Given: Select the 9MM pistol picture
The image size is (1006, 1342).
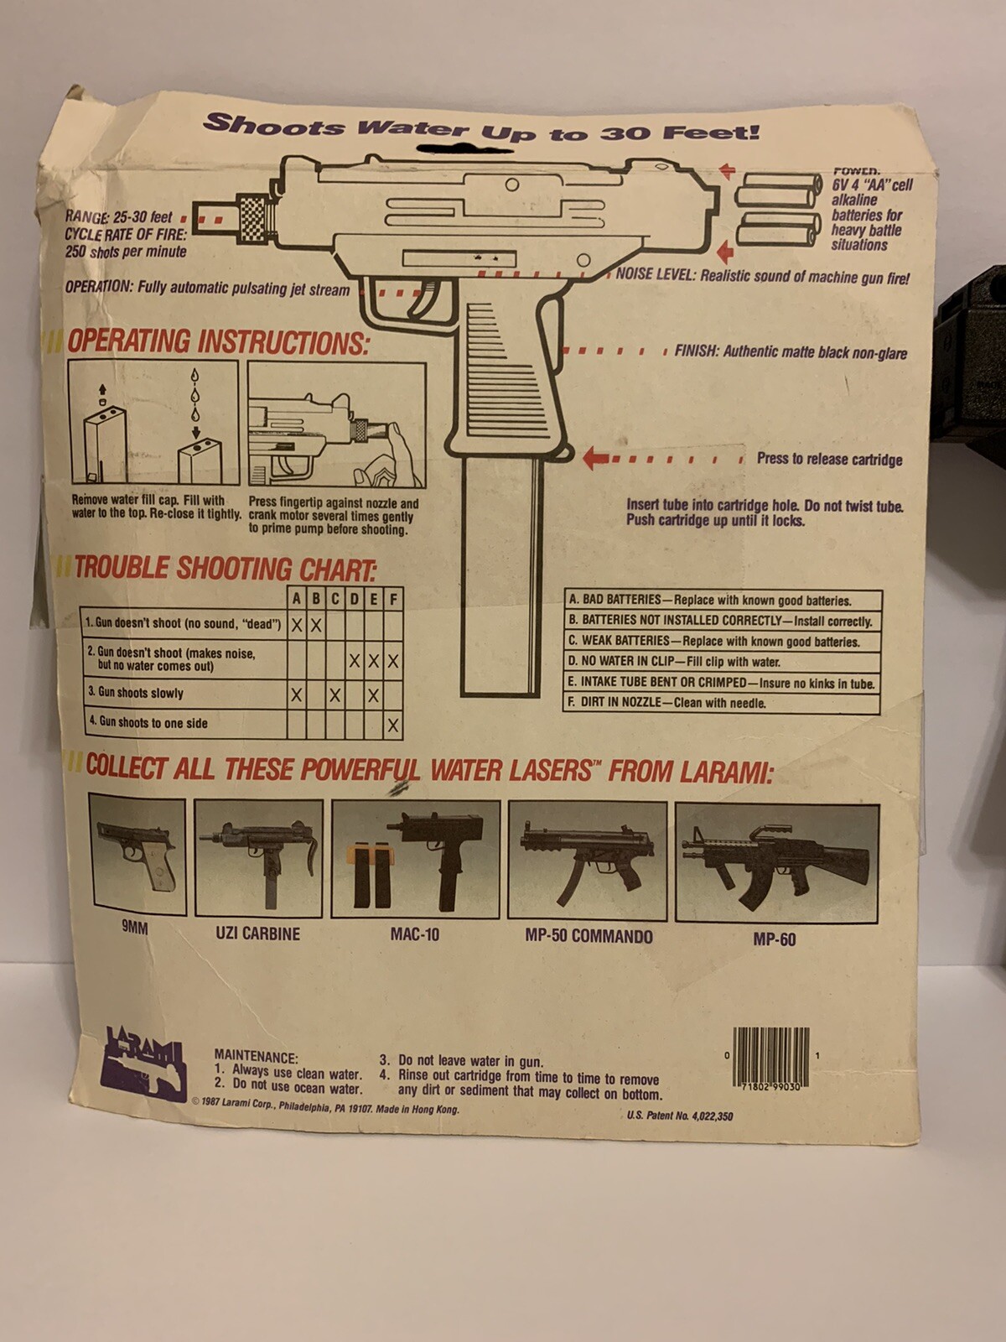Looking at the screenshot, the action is pos(137,856).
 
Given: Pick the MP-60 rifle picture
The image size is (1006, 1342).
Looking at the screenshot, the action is pos(776,864).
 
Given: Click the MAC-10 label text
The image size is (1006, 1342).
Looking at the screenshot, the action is pos(414,934).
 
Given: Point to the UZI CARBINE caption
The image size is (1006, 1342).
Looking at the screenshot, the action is pos(257,934).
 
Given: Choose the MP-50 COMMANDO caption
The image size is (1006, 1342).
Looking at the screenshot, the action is pos(589,936).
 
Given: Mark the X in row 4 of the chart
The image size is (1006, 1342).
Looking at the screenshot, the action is pos(392,726).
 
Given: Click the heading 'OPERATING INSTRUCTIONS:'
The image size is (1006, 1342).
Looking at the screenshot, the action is pos(218,342).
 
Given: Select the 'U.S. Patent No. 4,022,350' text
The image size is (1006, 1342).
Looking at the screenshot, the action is pos(679,1116).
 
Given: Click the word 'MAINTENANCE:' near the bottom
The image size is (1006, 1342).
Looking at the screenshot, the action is pos(256,1057).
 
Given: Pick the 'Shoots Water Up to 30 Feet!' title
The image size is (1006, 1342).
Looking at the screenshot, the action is pos(481,129).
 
